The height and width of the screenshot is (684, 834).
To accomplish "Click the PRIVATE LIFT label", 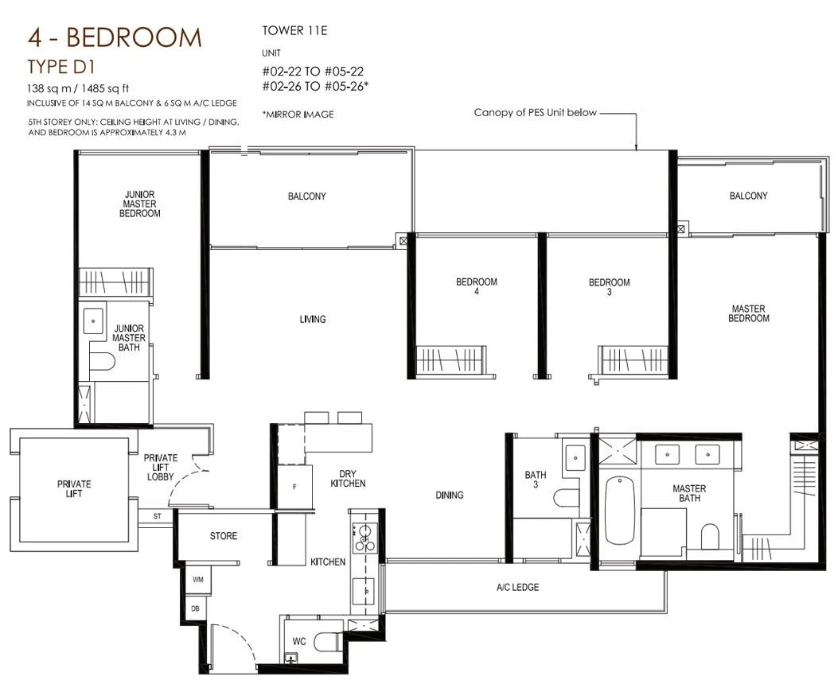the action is (x=74, y=488).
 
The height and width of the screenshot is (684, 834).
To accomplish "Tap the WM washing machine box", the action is (x=198, y=579).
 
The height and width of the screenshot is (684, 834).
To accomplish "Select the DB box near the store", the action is (x=196, y=608).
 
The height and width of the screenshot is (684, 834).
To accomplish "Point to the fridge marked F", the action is (x=294, y=486).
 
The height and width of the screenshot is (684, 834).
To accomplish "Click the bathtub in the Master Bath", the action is (x=620, y=511).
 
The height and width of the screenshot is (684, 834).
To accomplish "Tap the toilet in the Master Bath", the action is (x=710, y=536).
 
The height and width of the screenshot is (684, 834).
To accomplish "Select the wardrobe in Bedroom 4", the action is (x=450, y=359).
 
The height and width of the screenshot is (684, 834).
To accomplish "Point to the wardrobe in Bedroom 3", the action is (x=632, y=359).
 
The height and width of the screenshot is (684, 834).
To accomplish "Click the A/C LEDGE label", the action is (x=517, y=587).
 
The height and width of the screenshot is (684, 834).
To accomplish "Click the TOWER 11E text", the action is (x=294, y=30).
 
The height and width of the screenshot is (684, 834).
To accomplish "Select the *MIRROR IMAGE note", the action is (x=298, y=115).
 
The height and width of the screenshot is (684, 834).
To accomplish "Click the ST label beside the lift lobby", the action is (x=157, y=516).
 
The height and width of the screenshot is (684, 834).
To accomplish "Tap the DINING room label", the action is (x=450, y=495).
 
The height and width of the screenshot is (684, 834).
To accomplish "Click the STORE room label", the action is (x=224, y=536).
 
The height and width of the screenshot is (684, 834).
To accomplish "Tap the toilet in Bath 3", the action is (x=566, y=498).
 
